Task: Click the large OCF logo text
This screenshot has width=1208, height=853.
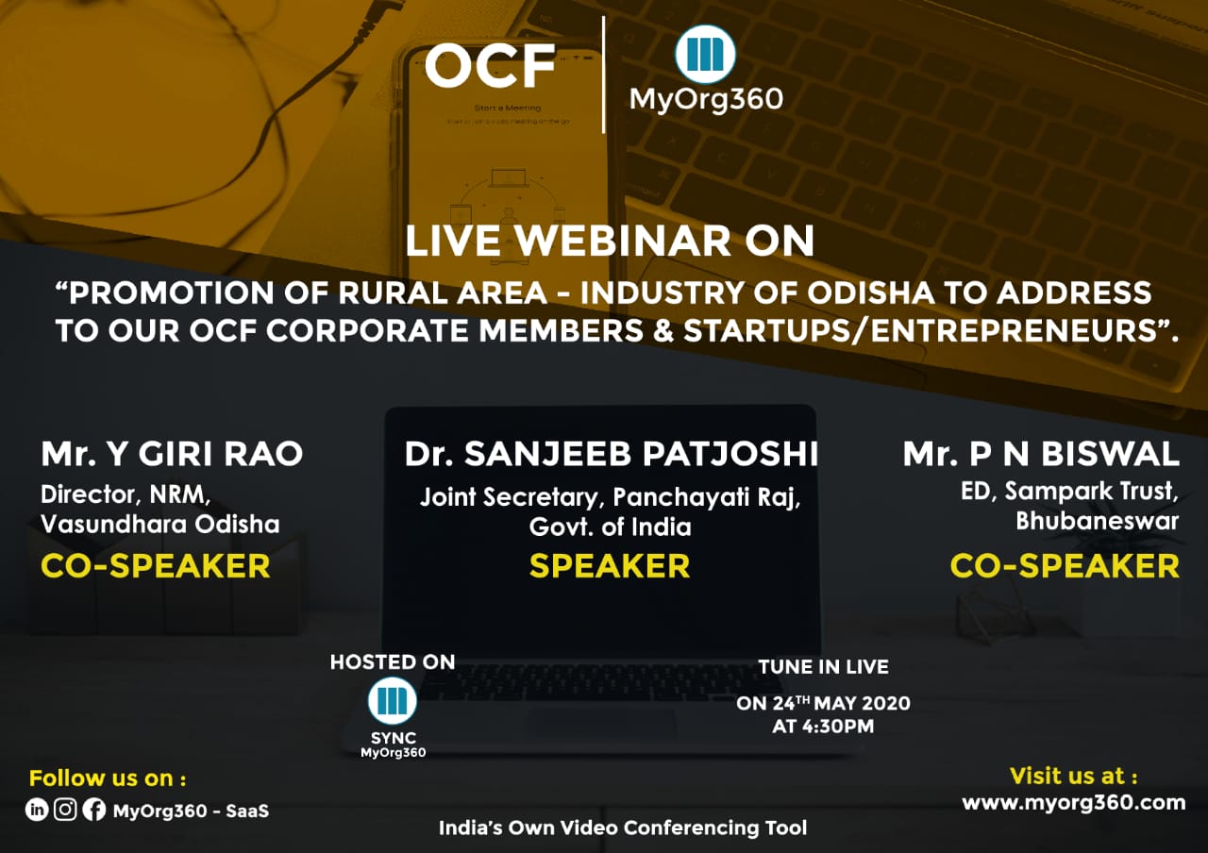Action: (x=490, y=66)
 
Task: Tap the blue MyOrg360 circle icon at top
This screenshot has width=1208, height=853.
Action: (x=705, y=54)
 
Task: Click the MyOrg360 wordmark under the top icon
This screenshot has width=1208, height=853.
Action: (x=706, y=100)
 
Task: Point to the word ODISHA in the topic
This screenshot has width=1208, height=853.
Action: (x=870, y=293)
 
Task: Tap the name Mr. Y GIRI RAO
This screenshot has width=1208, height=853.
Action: (x=172, y=454)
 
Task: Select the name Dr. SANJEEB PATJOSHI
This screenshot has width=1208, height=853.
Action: (x=611, y=454)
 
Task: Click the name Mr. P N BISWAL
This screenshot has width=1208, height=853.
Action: (x=1041, y=454)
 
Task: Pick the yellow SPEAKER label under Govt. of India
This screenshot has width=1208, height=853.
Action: (x=610, y=566)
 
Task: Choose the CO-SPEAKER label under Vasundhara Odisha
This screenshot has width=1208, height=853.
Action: (x=156, y=566)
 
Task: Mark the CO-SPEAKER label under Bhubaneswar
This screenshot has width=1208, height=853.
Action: (x=1065, y=566)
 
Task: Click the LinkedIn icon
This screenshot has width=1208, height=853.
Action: (x=37, y=810)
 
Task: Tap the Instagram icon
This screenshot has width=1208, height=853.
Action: (x=65, y=810)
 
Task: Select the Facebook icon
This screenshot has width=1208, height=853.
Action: (x=94, y=810)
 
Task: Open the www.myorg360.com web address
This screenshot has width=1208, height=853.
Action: (x=1074, y=803)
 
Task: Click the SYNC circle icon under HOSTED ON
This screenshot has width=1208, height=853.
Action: (x=392, y=701)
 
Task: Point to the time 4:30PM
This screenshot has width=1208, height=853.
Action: (x=838, y=727)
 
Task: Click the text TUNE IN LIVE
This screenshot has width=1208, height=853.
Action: (x=824, y=667)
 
